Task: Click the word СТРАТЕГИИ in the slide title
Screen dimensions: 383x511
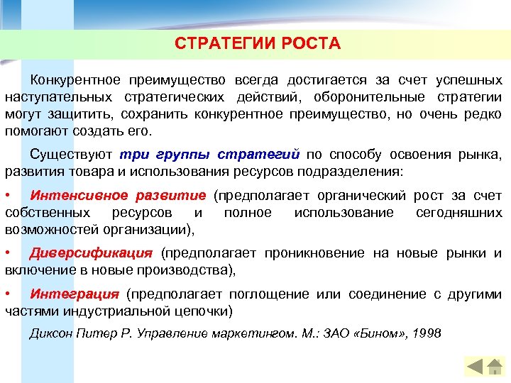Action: [x=215, y=44]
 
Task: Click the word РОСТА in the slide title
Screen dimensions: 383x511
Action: [x=311, y=44]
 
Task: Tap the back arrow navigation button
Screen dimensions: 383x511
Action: [x=474, y=367]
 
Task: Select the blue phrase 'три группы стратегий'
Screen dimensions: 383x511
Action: [x=211, y=154]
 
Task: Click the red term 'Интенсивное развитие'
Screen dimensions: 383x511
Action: [x=118, y=195]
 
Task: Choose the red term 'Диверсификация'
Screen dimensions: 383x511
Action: [x=91, y=252]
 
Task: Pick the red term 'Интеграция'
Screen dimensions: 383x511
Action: [x=75, y=294]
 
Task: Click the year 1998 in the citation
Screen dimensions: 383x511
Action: [x=426, y=332]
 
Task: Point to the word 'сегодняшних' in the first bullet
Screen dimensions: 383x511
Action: [x=458, y=212]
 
